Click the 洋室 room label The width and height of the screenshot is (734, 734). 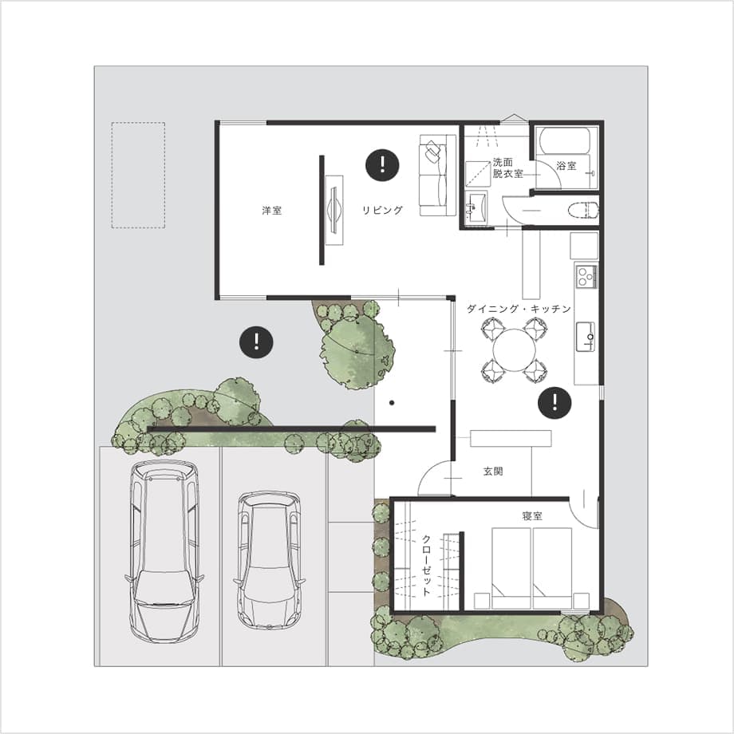tap(271, 211)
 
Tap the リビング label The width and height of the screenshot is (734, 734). tap(382, 210)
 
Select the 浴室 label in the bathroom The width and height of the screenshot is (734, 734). tap(566, 165)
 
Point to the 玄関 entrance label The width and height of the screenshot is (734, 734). tap(493, 471)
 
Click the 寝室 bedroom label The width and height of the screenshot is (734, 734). tap(532, 516)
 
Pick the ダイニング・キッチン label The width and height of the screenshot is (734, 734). tap(519, 309)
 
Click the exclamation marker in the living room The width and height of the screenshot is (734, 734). tap(382, 165)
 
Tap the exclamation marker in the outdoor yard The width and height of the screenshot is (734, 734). tap(257, 342)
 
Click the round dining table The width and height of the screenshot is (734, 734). tap(514, 350)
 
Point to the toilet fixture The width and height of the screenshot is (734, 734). tap(583, 210)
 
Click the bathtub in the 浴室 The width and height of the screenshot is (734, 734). tap(566, 140)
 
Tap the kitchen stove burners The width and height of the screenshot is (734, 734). tap(586, 276)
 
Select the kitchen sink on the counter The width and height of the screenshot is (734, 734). tap(585, 337)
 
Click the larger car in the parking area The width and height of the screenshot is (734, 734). tap(164, 551)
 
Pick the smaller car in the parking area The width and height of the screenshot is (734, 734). tap(269, 560)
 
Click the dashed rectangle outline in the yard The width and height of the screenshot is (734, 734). tap(138, 175)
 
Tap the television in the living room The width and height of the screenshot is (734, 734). tap(333, 210)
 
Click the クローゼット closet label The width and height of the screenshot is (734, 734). tap(427, 565)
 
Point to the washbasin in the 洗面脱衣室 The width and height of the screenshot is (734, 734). tap(476, 206)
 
